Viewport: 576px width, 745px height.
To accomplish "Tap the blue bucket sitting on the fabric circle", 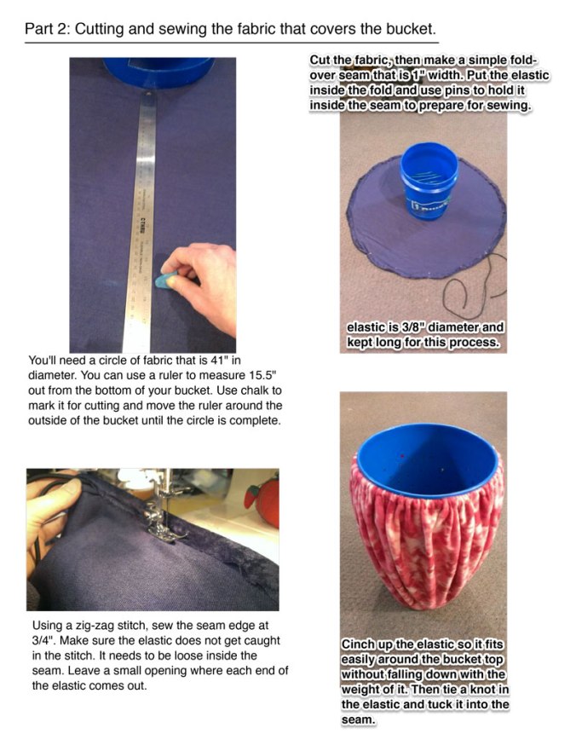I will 428,179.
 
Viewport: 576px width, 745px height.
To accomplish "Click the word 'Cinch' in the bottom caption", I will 362,646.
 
